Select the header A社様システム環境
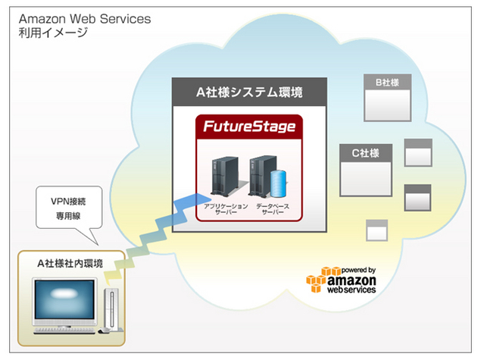coord(249,92)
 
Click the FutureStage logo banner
coord(249,127)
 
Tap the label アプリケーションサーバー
coord(220,209)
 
